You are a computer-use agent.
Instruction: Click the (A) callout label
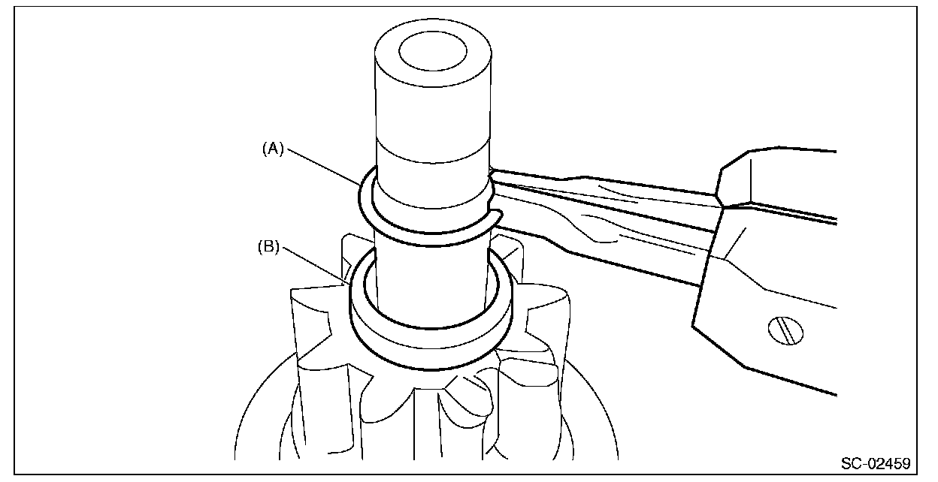click(x=272, y=149)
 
